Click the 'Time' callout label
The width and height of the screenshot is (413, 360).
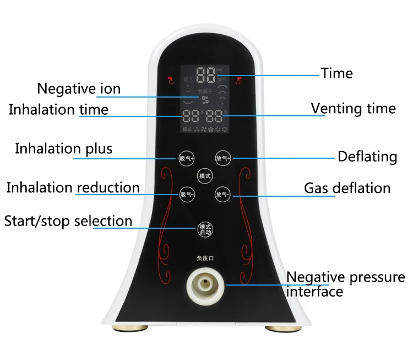pos(337,73)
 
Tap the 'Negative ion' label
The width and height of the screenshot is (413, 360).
pos(79,88)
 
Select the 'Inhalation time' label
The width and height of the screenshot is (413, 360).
pos(58,109)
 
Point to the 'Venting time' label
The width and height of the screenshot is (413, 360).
pos(353,108)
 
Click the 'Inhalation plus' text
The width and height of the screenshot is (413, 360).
pos(63,148)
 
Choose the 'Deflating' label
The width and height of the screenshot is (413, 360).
pos(367,157)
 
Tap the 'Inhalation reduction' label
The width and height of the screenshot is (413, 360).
pos(73,187)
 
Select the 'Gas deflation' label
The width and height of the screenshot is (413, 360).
pos(347,188)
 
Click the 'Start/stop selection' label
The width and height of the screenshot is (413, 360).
pos(68,221)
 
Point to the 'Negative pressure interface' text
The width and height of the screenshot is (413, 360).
pos(345,284)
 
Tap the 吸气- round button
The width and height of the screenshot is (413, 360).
pos(187,194)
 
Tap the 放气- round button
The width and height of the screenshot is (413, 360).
pos(222,194)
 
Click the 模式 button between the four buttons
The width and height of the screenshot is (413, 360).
pos(205,176)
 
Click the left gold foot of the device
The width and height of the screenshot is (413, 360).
pos(135,329)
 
